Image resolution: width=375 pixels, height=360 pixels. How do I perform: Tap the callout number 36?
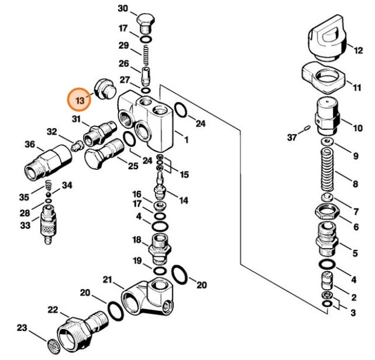click(30, 145)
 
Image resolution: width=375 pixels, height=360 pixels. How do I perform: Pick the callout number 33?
click(25, 225)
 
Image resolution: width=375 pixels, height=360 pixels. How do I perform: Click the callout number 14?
click(184, 201)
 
